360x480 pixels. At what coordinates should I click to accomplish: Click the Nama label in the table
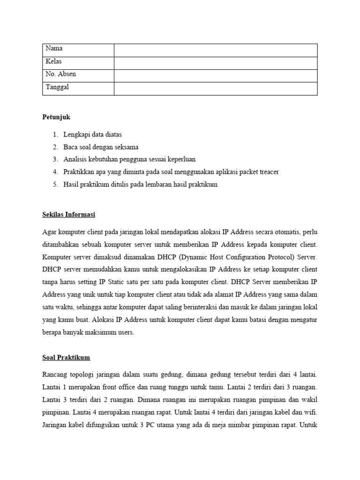[x=54, y=49]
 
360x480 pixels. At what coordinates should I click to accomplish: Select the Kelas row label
[x=54, y=61]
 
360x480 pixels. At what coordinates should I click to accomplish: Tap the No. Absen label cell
[x=61, y=74]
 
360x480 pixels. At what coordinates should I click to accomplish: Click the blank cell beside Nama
[x=216, y=50]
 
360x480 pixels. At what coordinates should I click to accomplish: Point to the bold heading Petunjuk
[x=56, y=117]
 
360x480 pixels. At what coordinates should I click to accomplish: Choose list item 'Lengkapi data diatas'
[x=93, y=135]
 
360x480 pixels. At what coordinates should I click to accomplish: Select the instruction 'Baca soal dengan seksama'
[x=101, y=147]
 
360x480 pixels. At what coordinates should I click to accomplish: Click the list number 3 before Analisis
[x=55, y=159]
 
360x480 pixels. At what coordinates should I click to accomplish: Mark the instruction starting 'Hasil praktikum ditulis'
[x=140, y=185]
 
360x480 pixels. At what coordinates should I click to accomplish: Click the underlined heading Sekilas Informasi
[x=68, y=215]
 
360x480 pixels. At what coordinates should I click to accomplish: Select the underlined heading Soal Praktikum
[x=66, y=358]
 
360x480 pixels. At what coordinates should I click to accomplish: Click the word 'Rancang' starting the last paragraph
[x=55, y=375]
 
